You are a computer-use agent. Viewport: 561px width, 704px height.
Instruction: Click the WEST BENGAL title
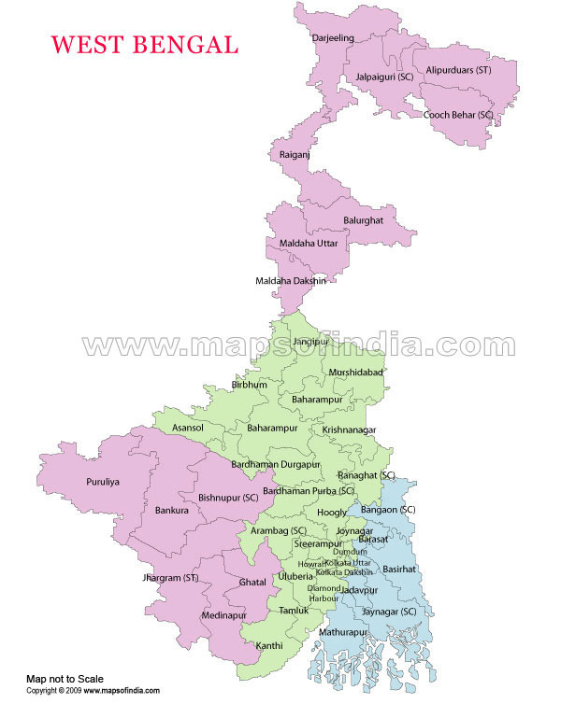click(145, 44)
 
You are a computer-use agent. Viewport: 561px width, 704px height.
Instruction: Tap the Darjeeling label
click(333, 38)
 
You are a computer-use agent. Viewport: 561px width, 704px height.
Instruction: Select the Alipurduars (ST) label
click(458, 70)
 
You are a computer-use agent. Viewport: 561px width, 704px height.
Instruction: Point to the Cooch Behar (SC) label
click(458, 115)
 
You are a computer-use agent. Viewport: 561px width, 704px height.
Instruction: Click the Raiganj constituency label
click(295, 154)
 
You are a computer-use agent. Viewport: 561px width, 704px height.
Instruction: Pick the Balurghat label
click(364, 220)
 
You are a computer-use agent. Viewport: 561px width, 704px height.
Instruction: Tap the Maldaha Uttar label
click(309, 244)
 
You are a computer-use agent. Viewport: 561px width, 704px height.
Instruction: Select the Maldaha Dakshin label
click(291, 281)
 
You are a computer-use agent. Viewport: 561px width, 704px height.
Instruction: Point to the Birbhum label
click(250, 384)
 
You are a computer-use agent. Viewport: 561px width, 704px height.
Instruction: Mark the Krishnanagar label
click(349, 429)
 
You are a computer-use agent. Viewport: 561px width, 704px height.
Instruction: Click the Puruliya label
click(103, 482)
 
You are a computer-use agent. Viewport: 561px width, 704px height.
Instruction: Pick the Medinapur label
click(227, 615)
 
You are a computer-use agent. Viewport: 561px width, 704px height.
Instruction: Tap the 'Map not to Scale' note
click(65, 679)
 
